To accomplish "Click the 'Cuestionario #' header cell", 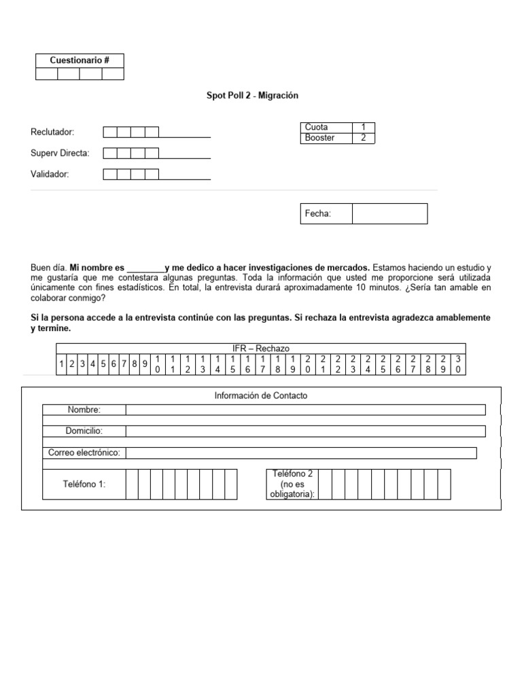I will click(x=80, y=60).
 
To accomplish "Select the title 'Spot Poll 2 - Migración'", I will click(x=252, y=96).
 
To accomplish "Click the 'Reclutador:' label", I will click(x=52, y=132).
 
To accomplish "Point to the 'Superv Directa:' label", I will click(x=60, y=153).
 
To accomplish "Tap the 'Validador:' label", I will click(x=50, y=174).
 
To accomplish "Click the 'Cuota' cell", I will click(x=326, y=128).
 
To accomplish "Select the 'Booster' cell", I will click(x=326, y=138).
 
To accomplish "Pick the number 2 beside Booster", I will click(x=364, y=138).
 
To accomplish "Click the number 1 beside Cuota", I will click(x=364, y=128).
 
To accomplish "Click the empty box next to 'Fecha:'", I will click(x=389, y=213).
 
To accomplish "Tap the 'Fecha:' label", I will click(x=318, y=214).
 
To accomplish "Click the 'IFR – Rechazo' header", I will click(x=261, y=348).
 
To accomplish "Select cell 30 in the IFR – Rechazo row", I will click(x=458, y=364).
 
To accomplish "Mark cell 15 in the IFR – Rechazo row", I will click(x=233, y=364).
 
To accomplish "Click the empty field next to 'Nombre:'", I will click(x=306, y=409).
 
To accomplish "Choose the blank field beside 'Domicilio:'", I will click(x=306, y=431).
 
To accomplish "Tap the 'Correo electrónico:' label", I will click(x=84, y=453).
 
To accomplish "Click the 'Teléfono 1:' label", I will click(x=84, y=484).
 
